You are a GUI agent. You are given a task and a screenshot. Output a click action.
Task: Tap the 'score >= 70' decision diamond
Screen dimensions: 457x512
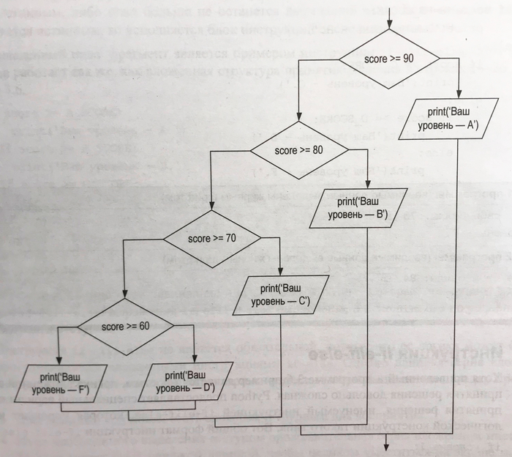[211, 239]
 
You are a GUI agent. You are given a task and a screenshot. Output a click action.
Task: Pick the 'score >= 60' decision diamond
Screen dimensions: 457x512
[125, 325]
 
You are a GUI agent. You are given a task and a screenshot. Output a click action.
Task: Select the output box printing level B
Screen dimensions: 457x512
[358, 208]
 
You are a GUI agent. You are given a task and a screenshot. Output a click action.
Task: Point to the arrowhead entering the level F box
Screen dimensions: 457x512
[58, 360]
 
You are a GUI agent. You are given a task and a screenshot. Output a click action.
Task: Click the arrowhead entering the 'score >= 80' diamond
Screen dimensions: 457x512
[298, 125]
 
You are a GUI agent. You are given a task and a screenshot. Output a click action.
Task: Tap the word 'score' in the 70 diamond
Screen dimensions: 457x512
[198, 239]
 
